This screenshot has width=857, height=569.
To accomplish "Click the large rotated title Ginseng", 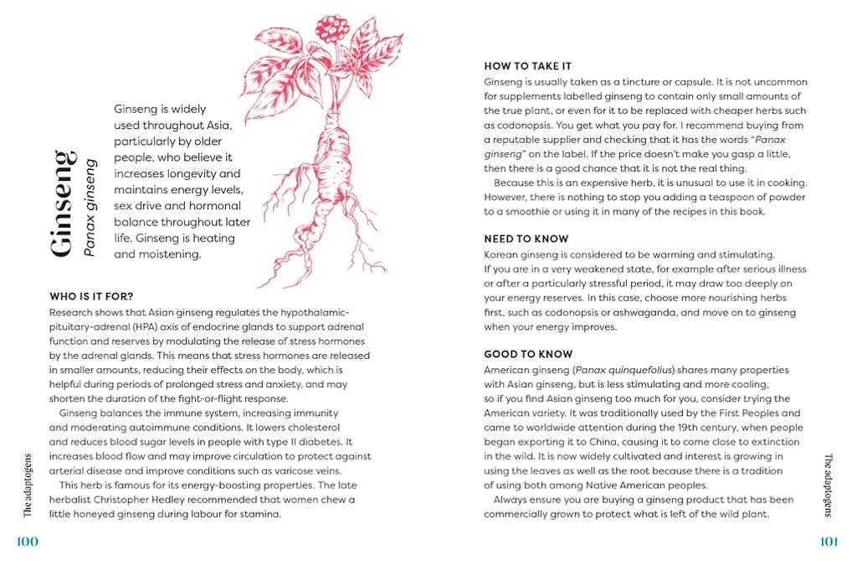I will (x=63, y=203).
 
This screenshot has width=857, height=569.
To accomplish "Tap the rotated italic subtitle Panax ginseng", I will (x=91, y=207).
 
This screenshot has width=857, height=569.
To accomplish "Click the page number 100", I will (x=28, y=541).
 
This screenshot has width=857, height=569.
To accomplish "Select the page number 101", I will (x=828, y=541).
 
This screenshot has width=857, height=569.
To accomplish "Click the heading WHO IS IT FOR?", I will (x=91, y=296).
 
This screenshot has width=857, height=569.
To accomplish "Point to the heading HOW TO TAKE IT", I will (x=528, y=66).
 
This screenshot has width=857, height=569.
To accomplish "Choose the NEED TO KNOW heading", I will (x=526, y=238).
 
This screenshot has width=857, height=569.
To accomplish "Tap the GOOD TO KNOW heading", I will (x=528, y=354).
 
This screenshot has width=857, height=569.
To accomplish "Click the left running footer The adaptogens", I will (x=28, y=486).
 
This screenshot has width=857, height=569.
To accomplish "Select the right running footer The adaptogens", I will (x=828, y=486).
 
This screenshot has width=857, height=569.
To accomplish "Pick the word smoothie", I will (x=532, y=212).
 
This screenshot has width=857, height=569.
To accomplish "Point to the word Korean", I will (x=503, y=254).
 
